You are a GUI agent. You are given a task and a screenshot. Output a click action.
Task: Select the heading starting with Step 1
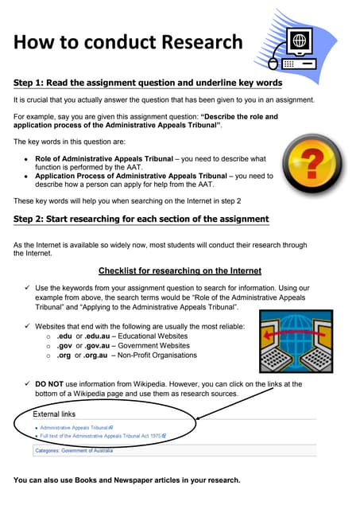(148, 82)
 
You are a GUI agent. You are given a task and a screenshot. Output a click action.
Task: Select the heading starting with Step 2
(141, 219)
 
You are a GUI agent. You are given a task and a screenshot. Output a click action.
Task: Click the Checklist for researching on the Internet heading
(180, 270)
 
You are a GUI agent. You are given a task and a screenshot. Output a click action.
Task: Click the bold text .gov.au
(100, 346)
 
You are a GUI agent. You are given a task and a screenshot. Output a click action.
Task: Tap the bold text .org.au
(99, 355)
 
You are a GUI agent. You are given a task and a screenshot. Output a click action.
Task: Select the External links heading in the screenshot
(55, 414)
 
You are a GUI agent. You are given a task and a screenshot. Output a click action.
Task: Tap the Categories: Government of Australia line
(79, 451)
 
